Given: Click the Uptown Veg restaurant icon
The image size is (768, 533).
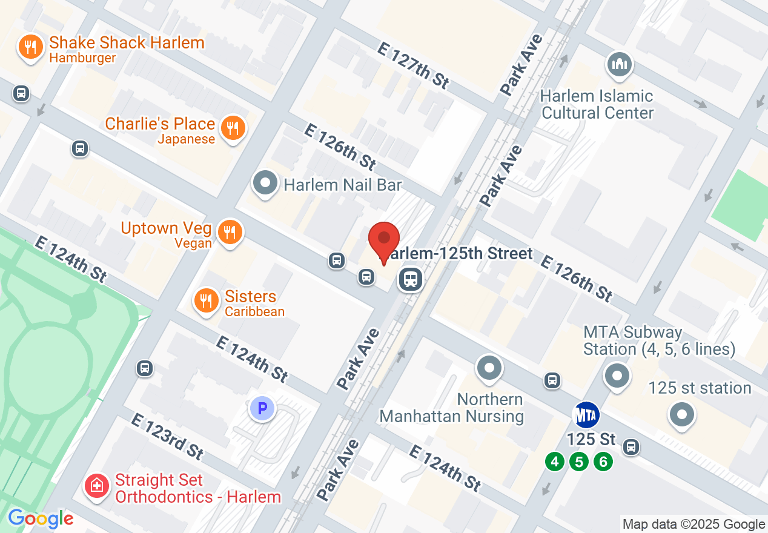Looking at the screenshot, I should click(230, 232).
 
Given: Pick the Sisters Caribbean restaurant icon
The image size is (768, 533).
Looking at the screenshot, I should click(207, 300).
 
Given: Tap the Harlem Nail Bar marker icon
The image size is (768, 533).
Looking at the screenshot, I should click(265, 184).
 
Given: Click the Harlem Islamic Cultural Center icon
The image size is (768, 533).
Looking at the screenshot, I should click(619, 64).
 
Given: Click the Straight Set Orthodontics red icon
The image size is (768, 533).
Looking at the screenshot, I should click(96, 485).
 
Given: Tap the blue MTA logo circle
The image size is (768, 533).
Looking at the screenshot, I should click(586, 415).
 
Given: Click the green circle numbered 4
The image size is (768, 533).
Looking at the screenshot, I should click(554, 462).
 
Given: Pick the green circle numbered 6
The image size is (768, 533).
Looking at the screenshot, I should click(603, 462).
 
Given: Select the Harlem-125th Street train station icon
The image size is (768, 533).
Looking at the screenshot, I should click(411, 279).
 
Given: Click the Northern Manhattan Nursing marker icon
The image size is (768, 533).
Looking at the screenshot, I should click(489, 368).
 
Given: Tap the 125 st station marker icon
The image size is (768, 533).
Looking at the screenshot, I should click(683, 415).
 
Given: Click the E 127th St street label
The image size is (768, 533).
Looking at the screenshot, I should click(413, 65).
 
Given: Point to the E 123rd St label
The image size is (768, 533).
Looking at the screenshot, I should click(167, 435).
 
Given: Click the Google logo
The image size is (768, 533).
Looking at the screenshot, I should click(41, 518).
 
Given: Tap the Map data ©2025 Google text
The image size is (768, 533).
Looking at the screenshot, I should click(694, 524).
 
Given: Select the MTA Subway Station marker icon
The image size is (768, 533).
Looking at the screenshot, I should click(617, 376).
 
